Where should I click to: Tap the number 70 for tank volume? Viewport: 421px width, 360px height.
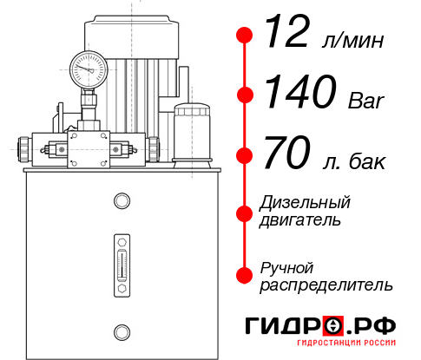pyautogui.click(x=287, y=155)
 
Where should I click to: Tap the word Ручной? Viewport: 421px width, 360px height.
pyautogui.click(x=286, y=267)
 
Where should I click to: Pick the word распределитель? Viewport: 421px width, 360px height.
pyautogui.click(x=326, y=285)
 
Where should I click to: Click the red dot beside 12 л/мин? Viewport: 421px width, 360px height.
pyautogui.click(x=245, y=36)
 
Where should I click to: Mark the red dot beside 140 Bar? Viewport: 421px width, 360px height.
pyautogui.click(x=245, y=95)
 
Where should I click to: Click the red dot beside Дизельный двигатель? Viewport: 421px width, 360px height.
pyautogui.click(x=245, y=213)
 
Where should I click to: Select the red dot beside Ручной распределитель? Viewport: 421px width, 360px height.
pyautogui.click(x=245, y=275)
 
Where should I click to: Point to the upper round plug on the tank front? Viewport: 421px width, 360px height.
pyautogui.click(x=121, y=202)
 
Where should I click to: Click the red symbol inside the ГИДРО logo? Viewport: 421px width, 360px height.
pyautogui.click(x=334, y=326)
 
